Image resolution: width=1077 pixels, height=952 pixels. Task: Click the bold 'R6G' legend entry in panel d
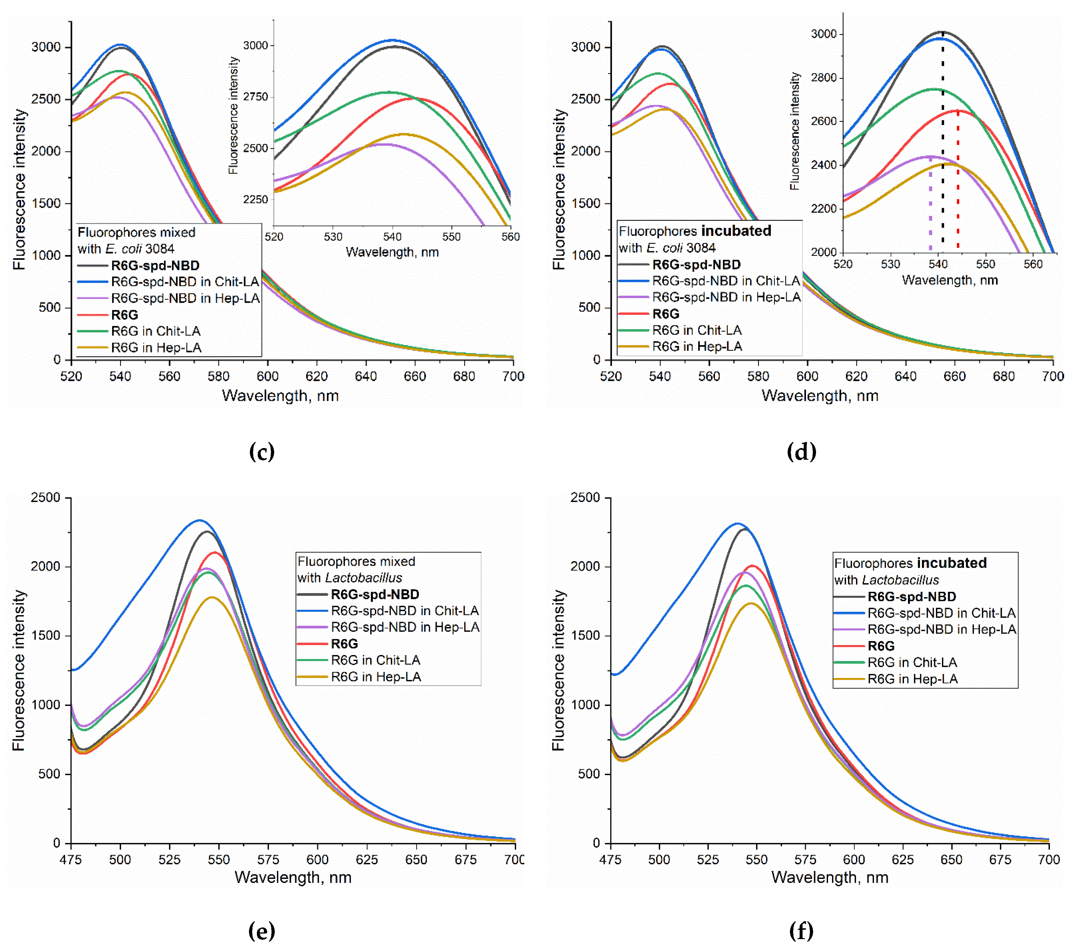[x=666, y=314]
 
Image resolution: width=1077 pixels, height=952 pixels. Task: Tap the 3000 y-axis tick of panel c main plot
[x=46, y=47]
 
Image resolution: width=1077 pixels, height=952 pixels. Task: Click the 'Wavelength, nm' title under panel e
[x=293, y=878]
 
